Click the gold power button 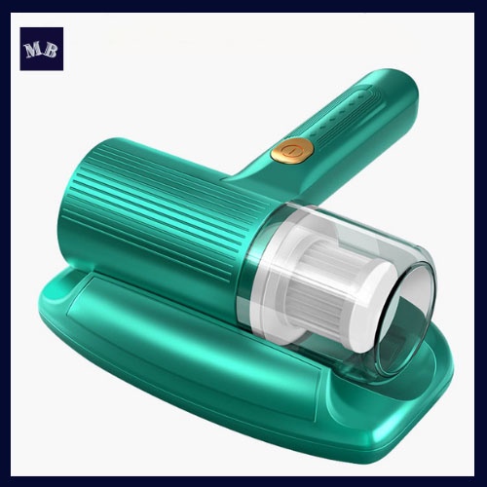[x=292, y=150]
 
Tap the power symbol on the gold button [x=292, y=150]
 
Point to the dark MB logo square [x=42, y=49]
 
